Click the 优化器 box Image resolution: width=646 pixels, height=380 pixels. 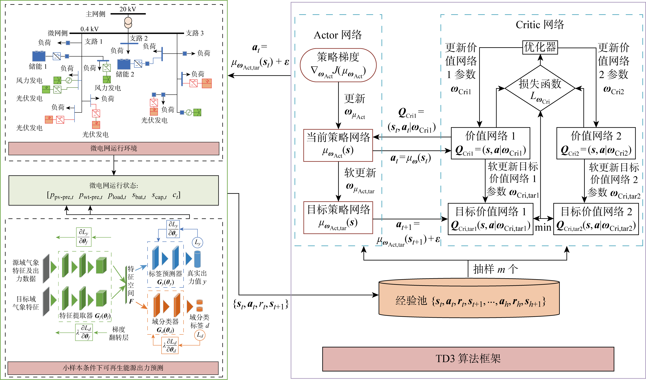pyautogui.click(x=540, y=47)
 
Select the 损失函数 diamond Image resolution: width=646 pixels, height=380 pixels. pyautogui.click(x=540, y=88)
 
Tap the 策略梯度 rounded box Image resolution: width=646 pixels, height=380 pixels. pyautogui.click(x=338, y=65)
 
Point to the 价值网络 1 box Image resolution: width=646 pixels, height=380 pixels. pyautogui.click(x=490, y=143)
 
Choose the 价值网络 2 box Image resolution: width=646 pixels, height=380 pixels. pyautogui.click(x=596, y=143)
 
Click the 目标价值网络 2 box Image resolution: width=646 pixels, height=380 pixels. pyautogui.click(x=596, y=219)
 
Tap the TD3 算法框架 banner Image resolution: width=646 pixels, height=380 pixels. pyautogui.click(x=468, y=359)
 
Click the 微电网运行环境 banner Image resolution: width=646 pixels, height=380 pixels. pyautogui.click(x=114, y=148)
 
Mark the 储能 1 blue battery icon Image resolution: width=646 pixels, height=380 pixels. pyautogui.click(x=39, y=56)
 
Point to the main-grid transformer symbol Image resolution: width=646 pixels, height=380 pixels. pyautogui.click(x=128, y=23)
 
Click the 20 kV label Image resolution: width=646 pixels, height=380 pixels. pyautogui.click(x=128, y=9)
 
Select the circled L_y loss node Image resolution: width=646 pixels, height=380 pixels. pyautogui.click(x=197, y=242)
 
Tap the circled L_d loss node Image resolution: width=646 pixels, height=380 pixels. pyautogui.click(x=200, y=335)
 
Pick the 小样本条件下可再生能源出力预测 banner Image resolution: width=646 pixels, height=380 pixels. pyautogui.click(x=113, y=368)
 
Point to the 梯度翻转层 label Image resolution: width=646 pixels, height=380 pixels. pyautogui.click(x=119, y=333)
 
